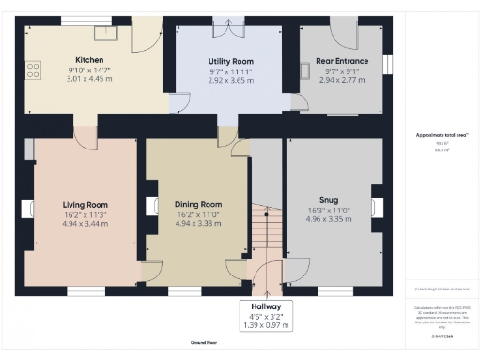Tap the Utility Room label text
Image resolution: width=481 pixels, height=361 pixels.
(x=230, y=61)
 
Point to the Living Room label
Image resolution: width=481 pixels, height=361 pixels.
(x=85, y=204)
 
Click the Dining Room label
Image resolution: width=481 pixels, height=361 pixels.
(x=198, y=204)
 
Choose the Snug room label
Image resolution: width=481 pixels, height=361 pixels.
(x=328, y=199)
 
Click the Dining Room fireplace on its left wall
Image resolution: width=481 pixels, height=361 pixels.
(x=151, y=207)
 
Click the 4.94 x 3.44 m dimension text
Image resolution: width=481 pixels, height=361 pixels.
(x=85, y=224)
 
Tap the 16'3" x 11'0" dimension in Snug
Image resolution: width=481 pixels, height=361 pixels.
(x=328, y=210)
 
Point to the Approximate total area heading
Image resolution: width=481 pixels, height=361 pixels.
(x=442, y=134)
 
